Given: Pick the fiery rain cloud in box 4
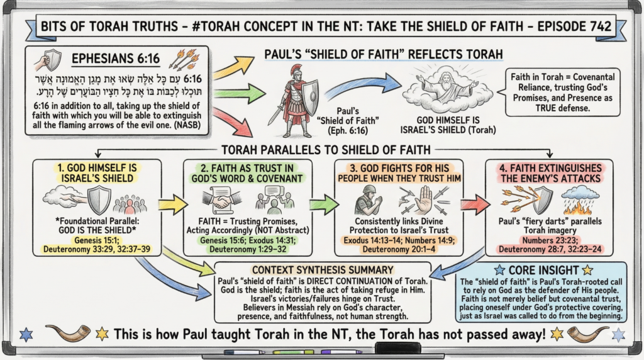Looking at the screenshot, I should click(574, 203).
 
